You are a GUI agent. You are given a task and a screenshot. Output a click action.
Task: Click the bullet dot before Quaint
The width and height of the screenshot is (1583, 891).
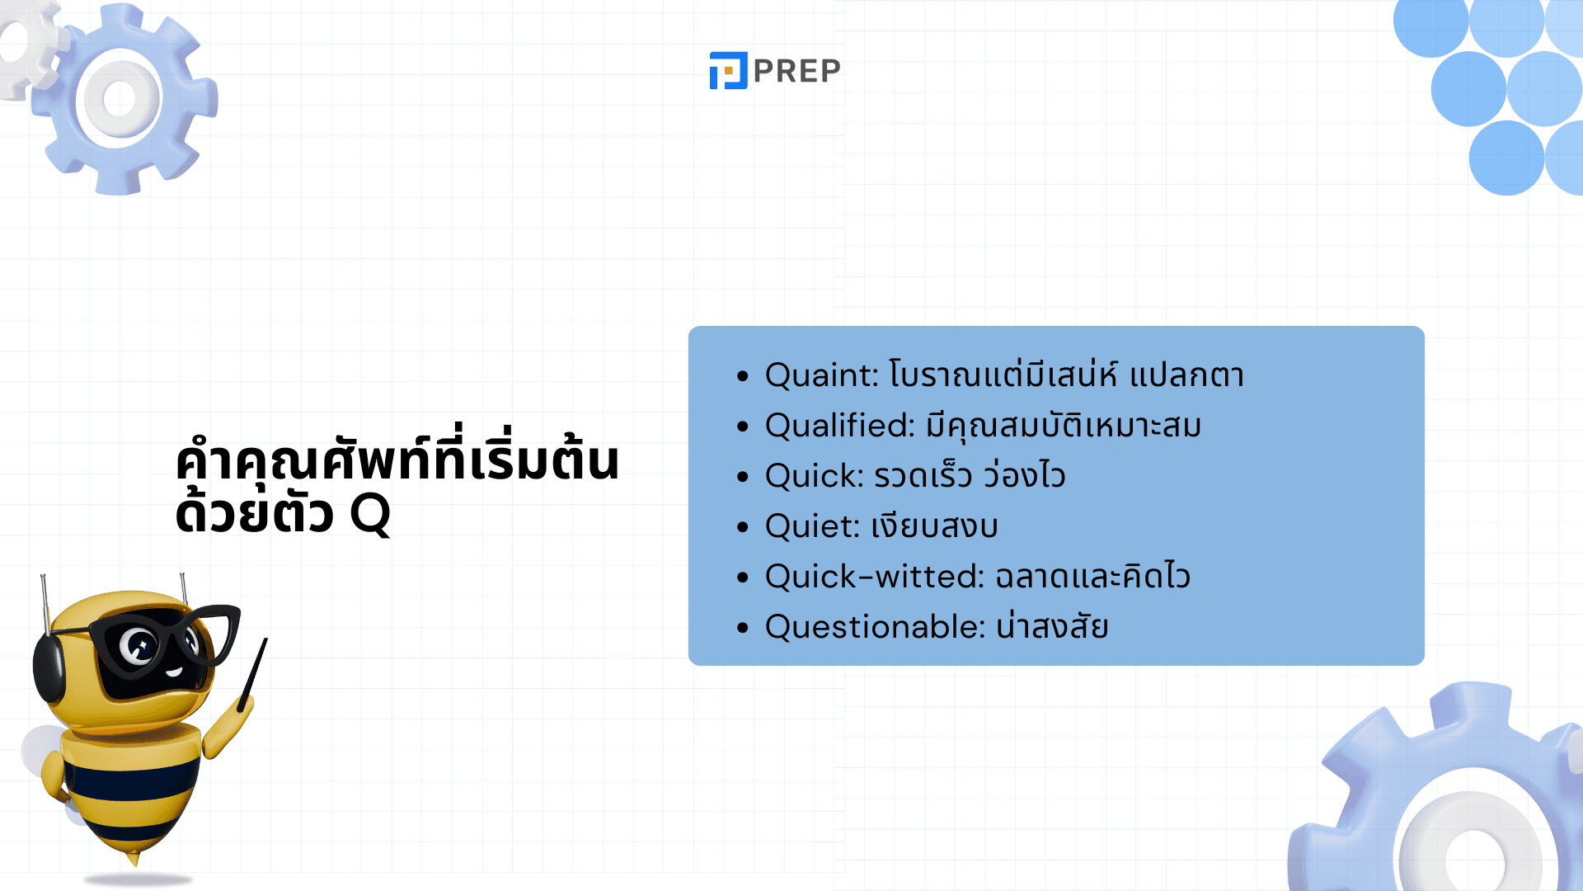743,376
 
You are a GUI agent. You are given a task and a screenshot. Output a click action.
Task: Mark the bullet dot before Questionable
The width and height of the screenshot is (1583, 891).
743,628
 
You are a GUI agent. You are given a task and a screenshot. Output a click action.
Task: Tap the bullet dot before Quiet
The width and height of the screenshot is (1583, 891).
743,527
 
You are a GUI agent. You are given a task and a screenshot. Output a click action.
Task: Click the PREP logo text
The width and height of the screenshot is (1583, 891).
796,71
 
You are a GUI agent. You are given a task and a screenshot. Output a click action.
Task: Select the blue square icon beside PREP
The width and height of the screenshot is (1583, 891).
728,70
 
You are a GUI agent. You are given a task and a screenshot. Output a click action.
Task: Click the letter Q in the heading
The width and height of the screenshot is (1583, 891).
370,515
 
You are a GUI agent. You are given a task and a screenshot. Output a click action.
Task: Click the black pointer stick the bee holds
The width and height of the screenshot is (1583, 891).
252,674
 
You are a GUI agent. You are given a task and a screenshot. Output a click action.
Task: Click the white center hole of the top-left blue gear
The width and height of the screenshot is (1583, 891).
120,99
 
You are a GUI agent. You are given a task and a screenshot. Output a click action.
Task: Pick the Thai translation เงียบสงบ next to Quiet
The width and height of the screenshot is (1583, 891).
935,526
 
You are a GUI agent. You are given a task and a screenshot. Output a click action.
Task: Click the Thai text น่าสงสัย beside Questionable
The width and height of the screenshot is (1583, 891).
1052,627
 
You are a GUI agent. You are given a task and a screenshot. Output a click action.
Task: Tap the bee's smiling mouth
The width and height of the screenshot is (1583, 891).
173,672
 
